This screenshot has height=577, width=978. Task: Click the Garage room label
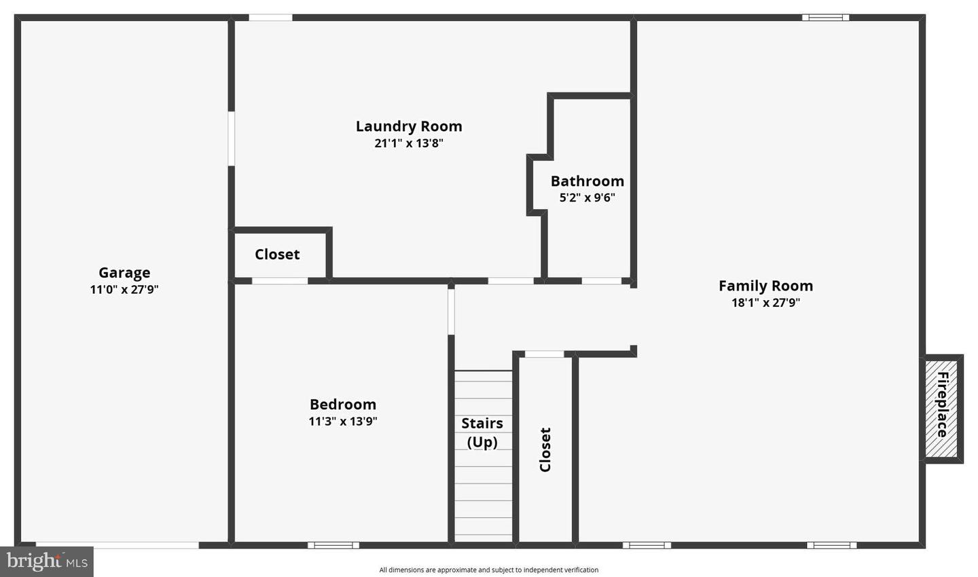(124, 273)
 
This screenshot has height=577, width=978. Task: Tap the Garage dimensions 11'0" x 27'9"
(124, 290)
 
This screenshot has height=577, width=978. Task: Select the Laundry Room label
(409, 126)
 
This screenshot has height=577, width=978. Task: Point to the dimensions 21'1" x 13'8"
(409, 143)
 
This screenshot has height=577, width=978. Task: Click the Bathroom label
(587, 181)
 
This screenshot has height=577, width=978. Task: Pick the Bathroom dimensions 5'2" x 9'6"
(587, 198)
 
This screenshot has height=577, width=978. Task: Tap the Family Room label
(765, 286)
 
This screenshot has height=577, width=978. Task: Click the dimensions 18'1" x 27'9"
(765, 303)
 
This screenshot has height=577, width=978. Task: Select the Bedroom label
(343, 405)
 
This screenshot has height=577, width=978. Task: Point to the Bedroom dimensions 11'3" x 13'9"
(343, 422)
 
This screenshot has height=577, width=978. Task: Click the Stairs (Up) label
(482, 432)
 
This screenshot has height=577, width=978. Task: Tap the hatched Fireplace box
(942, 409)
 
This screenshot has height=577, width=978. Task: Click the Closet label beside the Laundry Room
(277, 255)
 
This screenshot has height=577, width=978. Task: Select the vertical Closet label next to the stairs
(545, 449)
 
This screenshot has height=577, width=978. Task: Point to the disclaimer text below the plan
(488, 570)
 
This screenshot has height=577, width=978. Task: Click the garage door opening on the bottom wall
(117, 545)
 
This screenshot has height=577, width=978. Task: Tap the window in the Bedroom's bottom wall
(333, 545)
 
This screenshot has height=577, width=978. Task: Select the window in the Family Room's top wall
(825, 18)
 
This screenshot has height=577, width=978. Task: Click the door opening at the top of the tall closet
(544, 354)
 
